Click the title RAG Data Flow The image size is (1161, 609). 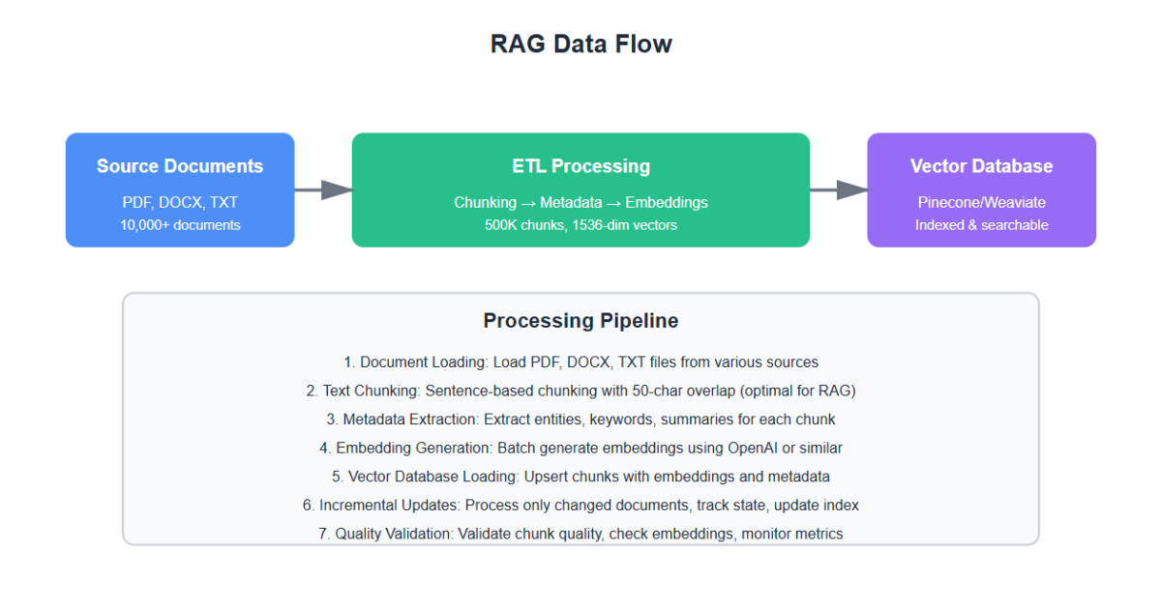point(580,44)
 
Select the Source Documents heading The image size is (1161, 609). point(180,166)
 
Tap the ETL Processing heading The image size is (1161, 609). point(580,166)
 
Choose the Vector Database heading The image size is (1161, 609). point(981,166)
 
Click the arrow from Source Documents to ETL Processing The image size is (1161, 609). point(323,189)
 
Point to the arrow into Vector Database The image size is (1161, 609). point(838,189)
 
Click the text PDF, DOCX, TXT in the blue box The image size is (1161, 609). point(180,202)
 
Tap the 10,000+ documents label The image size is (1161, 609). point(180,225)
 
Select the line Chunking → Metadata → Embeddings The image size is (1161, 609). point(580,202)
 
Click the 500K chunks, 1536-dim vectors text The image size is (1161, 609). point(580,225)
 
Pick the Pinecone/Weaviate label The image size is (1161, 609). point(981,202)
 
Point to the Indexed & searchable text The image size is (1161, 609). point(981,225)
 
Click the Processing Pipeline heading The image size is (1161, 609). point(580,321)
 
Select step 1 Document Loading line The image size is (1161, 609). point(580,362)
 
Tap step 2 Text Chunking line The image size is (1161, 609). point(580,391)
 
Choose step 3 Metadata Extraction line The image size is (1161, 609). point(580,420)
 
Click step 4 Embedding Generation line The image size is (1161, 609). point(580,448)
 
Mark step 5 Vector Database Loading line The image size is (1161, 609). point(580,477)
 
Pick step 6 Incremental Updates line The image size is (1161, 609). point(580,505)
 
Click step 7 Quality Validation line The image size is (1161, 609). point(580,534)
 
